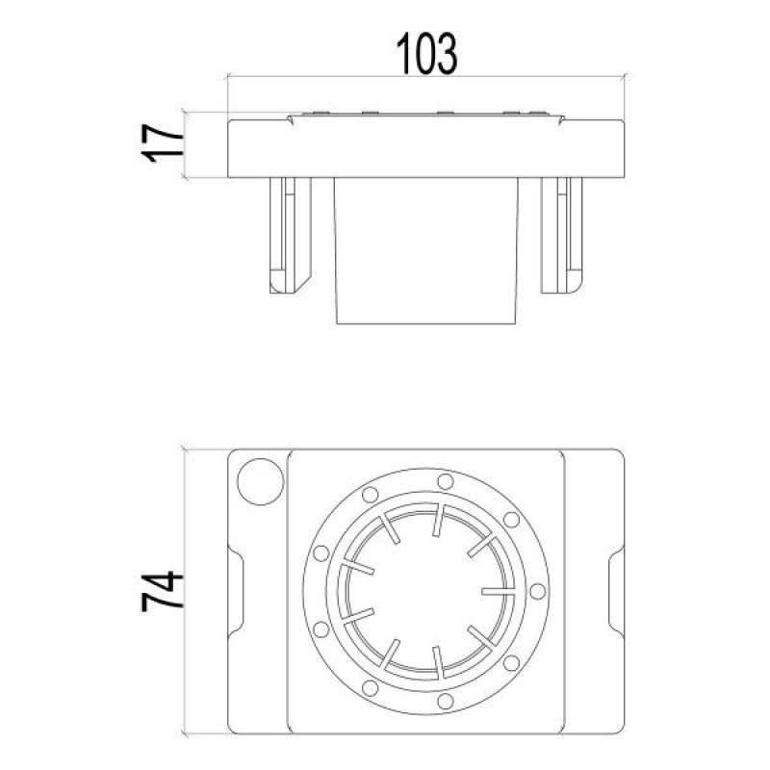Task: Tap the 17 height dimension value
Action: [166, 144]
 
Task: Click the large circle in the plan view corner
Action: [261, 479]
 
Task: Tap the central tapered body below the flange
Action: [427, 250]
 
